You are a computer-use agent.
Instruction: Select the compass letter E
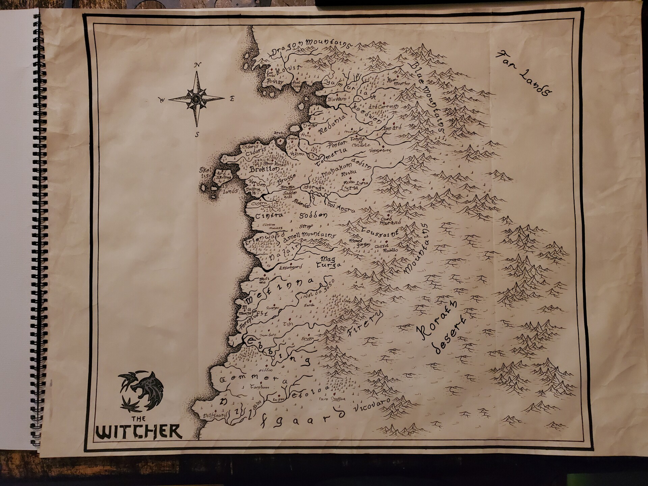[x=232, y=99]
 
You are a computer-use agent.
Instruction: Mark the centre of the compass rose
[x=196, y=99]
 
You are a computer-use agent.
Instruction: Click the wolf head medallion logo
[x=142, y=391]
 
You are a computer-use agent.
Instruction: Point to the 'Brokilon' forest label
[x=264, y=169]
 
